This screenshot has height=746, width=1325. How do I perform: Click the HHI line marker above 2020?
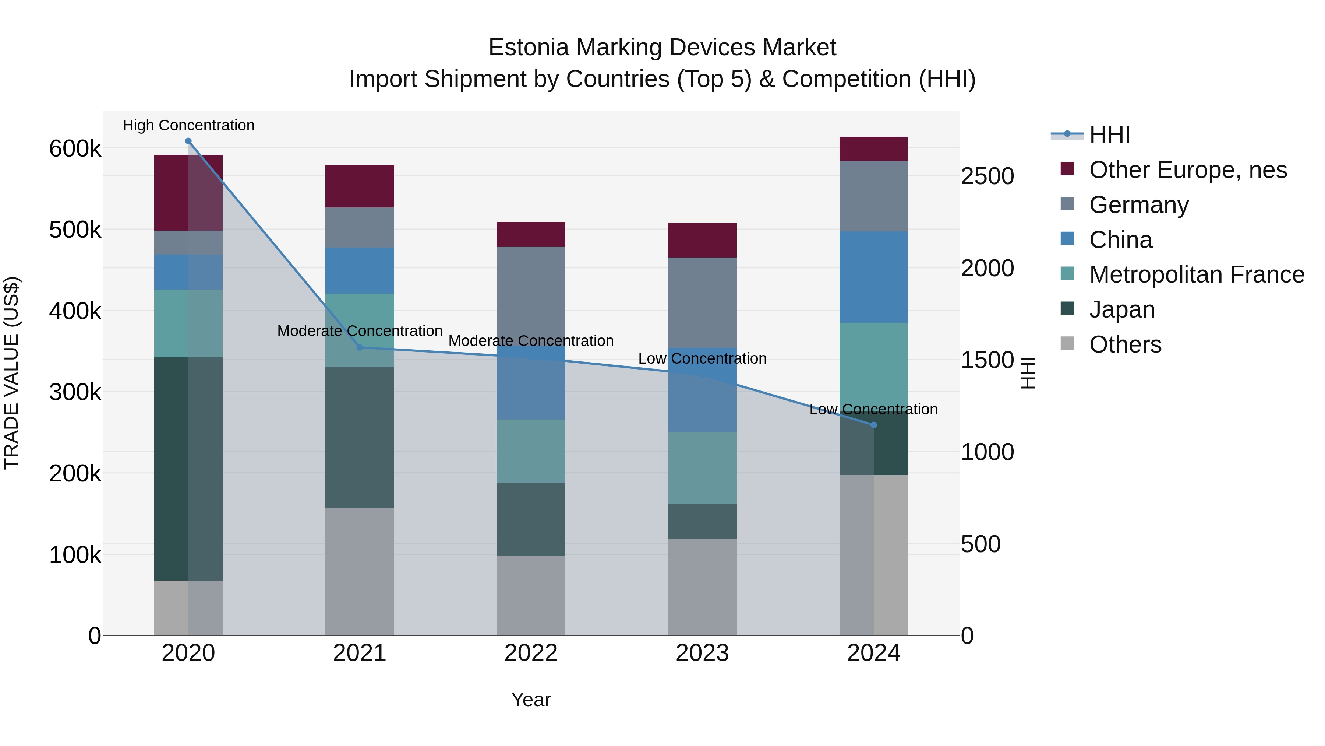pos(188,141)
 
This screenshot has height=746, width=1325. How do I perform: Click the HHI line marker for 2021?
pos(360,347)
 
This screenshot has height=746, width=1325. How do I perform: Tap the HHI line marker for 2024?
pos(873,425)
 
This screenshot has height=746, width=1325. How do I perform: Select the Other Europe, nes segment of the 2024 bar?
pos(873,149)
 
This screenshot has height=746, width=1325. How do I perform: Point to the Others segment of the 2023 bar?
pos(702,587)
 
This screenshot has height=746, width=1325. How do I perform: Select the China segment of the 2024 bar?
pos(873,277)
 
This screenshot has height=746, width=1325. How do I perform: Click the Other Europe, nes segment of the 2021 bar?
pos(360,186)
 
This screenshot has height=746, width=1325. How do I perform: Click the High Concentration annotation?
pos(188,125)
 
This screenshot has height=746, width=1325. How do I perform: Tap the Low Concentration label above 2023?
pos(702,358)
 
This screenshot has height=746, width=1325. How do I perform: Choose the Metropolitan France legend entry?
pos(1197,274)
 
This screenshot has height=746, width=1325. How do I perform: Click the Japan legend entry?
pos(1122,309)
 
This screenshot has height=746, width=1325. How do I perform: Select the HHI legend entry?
pos(1109,135)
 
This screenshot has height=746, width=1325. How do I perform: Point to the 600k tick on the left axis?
pos(75,149)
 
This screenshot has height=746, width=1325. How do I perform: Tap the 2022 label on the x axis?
pos(531,653)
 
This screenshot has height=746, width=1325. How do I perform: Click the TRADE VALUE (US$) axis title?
pos(11,373)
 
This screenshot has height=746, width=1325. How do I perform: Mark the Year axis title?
pos(531,700)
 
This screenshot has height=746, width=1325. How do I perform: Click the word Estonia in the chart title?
pos(528,48)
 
